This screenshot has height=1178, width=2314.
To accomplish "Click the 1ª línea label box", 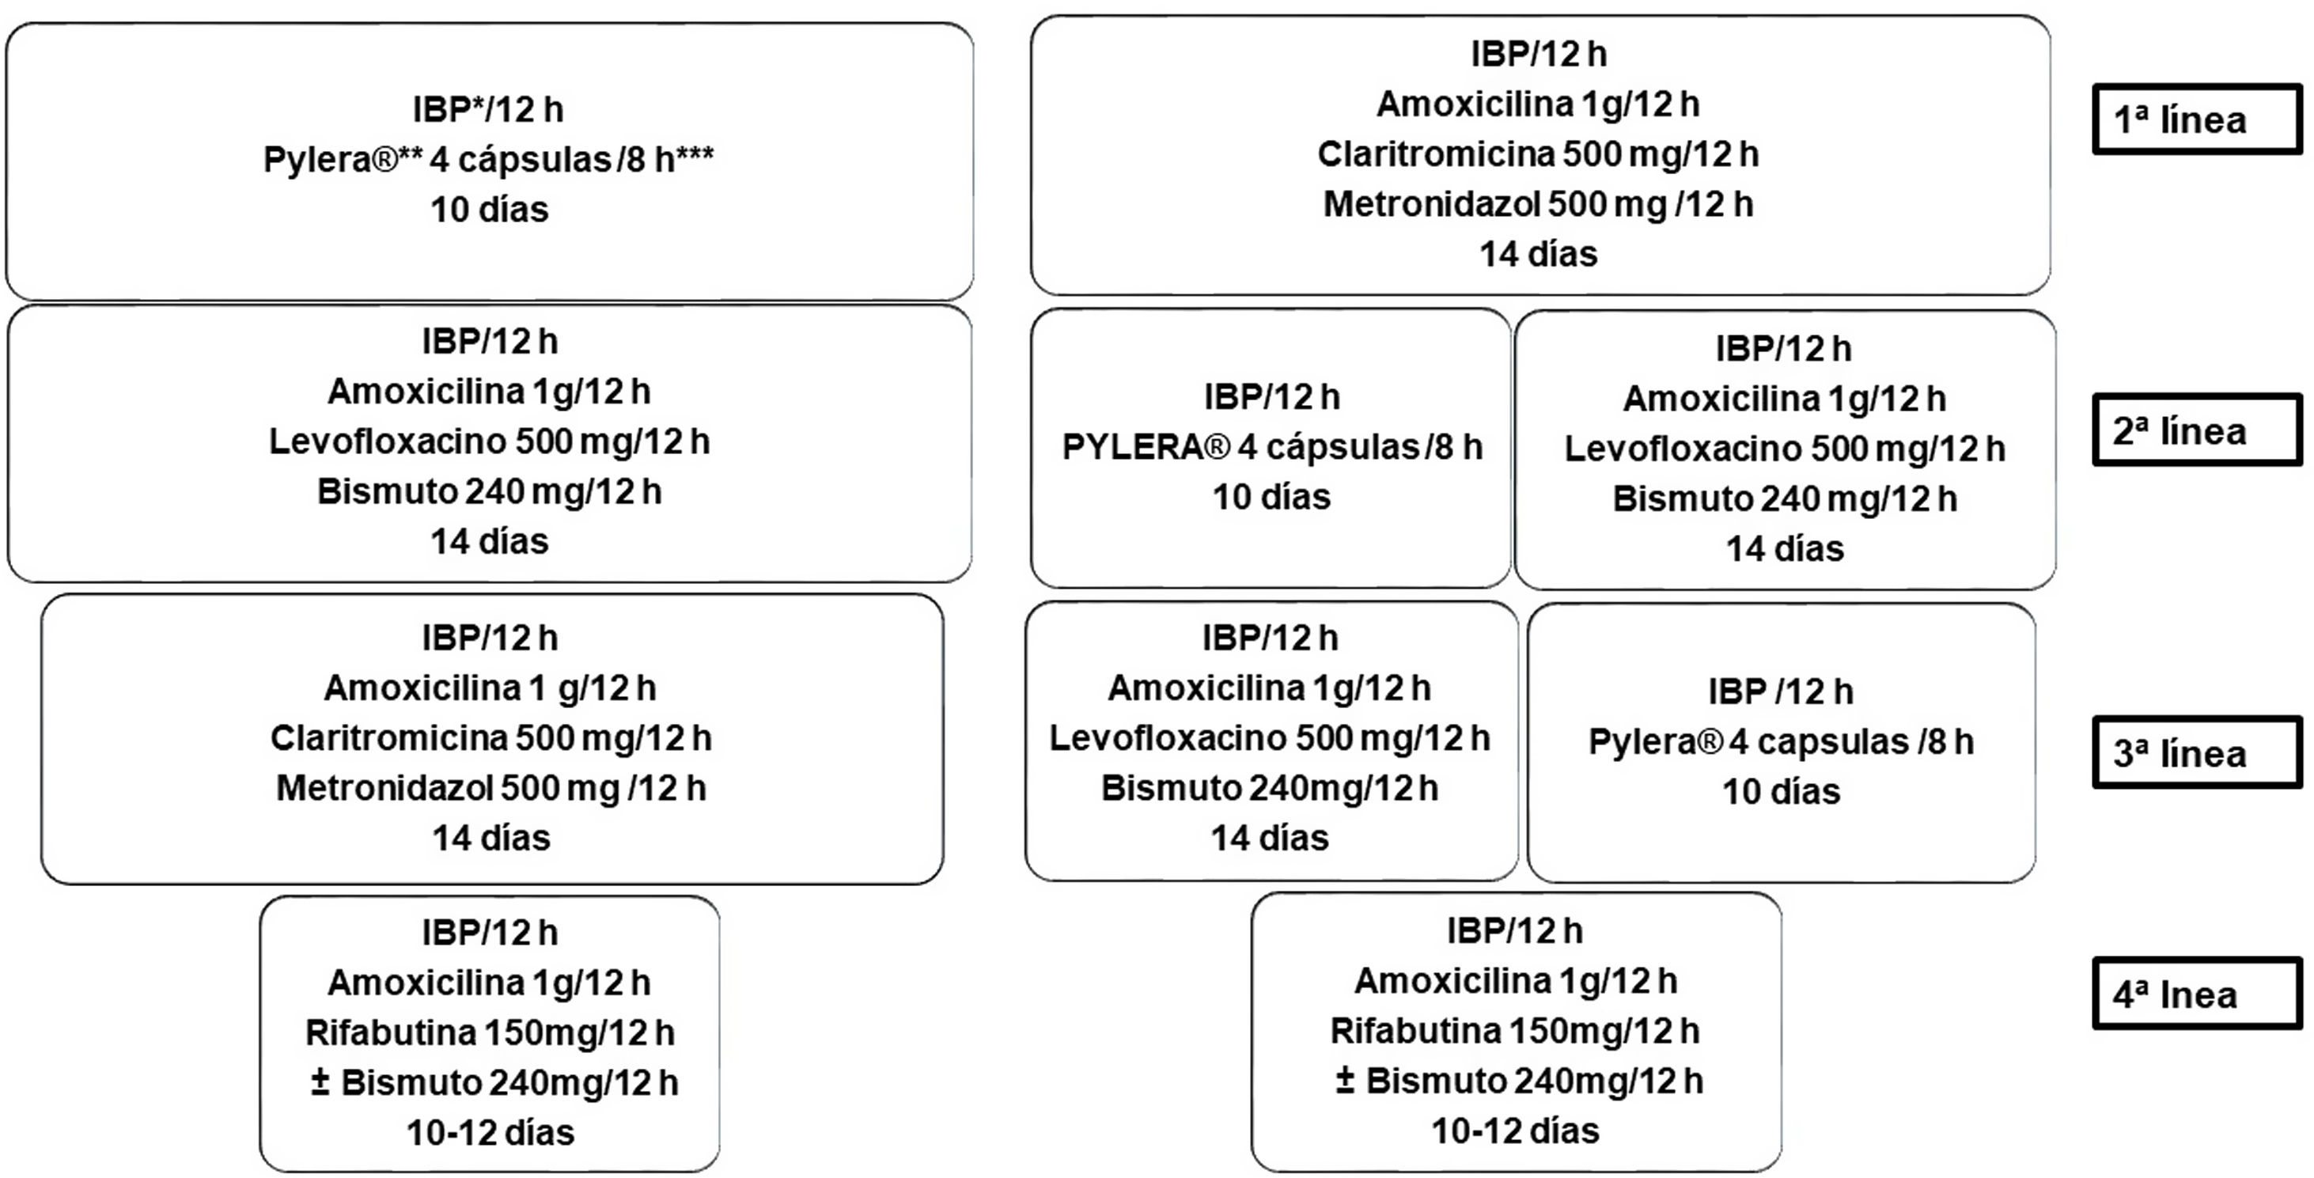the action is click(x=2196, y=119).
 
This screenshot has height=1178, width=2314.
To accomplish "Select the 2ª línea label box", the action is click(x=2196, y=430).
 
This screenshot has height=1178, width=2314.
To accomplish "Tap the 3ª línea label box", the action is click(x=2196, y=753).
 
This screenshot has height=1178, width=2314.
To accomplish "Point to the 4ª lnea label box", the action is click(x=2196, y=994).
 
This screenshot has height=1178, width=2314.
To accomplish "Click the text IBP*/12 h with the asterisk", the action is click(x=488, y=110).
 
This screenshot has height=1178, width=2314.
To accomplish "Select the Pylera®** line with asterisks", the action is click(x=488, y=160).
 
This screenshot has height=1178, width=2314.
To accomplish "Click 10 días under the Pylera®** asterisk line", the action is click(x=489, y=210).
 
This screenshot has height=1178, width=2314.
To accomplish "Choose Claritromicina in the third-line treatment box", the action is click(x=390, y=737).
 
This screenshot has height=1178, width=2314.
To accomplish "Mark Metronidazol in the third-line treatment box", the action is click(x=384, y=788).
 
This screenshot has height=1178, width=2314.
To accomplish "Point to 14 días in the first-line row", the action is click(x=1538, y=254).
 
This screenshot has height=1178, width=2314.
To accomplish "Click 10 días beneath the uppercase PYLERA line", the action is click(x=1271, y=497).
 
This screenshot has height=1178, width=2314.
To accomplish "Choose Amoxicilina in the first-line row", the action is click(x=1475, y=104).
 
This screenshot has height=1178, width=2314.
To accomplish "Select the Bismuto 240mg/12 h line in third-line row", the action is click(x=1268, y=788).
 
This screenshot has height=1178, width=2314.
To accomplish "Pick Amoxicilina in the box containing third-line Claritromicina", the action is click(x=422, y=688).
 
